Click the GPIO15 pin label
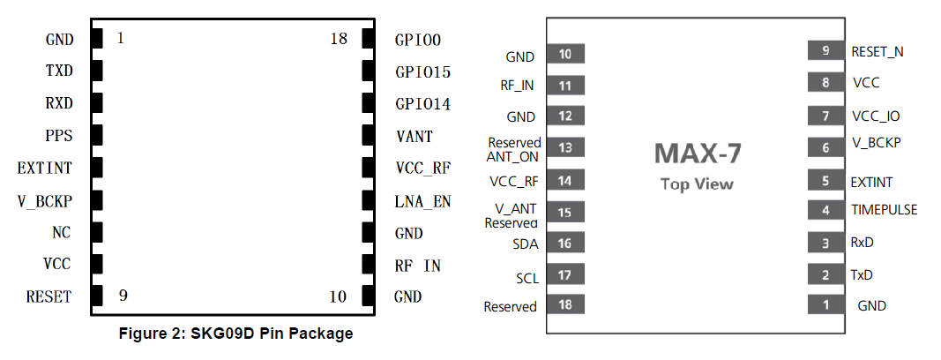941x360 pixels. pyautogui.click(x=423, y=71)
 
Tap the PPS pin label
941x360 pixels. pyautogui.click(x=59, y=137)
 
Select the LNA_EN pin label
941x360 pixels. pyautogui.click(x=422, y=201)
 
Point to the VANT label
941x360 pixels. pyautogui.click(x=414, y=137)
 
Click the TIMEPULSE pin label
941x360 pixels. pyautogui.click(x=884, y=210)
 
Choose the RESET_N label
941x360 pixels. pyautogui.click(x=877, y=51)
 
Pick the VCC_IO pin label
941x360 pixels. pyautogui.click(x=876, y=116)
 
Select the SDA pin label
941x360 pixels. pyautogui.click(x=525, y=244)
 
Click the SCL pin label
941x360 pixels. pyautogui.click(x=527, y=278)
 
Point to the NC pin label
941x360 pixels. pyautogui.click(x=61, y=233)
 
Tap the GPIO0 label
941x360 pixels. pyautogui.click(x=418, y=40)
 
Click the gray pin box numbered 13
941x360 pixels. pyautogui.click(x=565, y=147)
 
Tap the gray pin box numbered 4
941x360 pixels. pyautogui.click(x=826, y=211)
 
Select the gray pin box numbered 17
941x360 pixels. pyautogui.click(x=565, y=275)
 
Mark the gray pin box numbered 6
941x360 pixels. pyautogui.click(x=826, y=147)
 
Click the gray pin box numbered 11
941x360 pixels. pyautogui.click(x=565, y=86)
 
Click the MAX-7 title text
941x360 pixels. pyautogui.click(x=697, y=154)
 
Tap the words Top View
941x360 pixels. pyautogui.click(x=697, y=184)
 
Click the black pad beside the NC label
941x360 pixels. pyautogui.click(x=97, y=233)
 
